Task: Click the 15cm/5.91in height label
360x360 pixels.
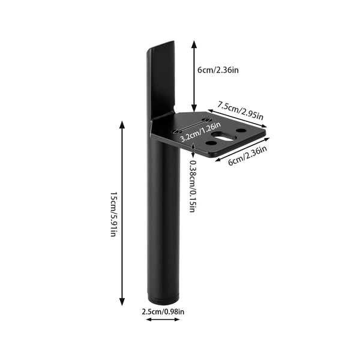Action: click(114, 214)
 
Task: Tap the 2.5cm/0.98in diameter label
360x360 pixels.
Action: click(163, 312)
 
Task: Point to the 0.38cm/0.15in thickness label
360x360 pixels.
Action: click(193, 186)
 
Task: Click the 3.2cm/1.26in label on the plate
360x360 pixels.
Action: click(200, 132)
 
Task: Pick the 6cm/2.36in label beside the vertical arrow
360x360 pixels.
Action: click(218, 70)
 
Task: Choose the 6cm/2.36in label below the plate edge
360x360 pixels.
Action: click(247, 155)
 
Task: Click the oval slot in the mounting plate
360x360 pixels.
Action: click(224, 136)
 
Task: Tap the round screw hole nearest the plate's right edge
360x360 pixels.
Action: click(241, 131)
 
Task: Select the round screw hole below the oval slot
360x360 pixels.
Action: click(211, 143)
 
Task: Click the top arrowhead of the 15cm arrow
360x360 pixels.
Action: click(122, 125)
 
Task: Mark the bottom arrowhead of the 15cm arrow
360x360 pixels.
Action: click(122, 302)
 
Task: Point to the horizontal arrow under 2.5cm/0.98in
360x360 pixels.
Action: click(163, 319)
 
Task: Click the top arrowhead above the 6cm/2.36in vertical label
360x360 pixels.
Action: click(194, 44)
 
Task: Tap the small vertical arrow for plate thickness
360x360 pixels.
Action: click(193, 151)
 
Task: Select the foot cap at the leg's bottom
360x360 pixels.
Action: click(163, 298)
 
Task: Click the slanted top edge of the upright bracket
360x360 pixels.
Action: click(161, 45)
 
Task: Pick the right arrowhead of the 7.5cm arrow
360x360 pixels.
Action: click(263, 125)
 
